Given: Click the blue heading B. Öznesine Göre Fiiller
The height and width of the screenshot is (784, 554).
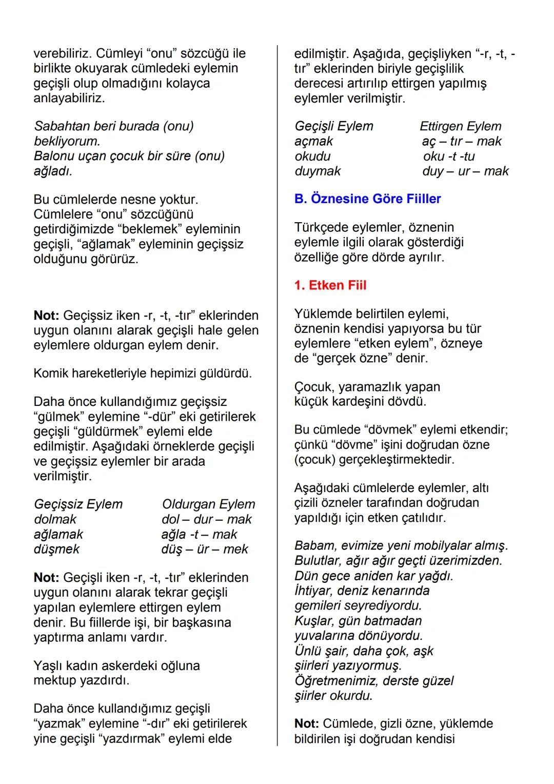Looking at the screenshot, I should point(367,199).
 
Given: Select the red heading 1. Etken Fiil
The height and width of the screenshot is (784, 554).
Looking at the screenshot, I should point(330,285).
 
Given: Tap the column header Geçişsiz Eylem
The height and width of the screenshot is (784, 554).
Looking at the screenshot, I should point(78,504).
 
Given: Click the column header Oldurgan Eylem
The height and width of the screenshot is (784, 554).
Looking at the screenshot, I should point(208,504).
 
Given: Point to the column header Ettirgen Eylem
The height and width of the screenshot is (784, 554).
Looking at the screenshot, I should point(460,126).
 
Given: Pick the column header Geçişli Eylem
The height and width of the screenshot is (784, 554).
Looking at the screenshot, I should point(333,126).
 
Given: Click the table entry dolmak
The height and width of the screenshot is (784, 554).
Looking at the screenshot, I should point(55,519).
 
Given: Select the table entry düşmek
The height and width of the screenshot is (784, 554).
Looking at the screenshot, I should point(56,549).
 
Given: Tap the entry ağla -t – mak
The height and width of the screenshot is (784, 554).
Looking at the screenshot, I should point(199,534).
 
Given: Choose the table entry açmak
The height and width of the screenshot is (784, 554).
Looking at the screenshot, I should point(313,141).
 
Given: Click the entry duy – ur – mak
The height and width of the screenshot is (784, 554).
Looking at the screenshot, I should point(465,171).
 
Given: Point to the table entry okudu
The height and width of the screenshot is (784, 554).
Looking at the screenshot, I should point(312,156).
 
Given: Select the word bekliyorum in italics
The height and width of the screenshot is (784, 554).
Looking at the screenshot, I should point(67,141).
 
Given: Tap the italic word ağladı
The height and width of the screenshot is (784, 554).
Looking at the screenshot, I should point(53,171).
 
